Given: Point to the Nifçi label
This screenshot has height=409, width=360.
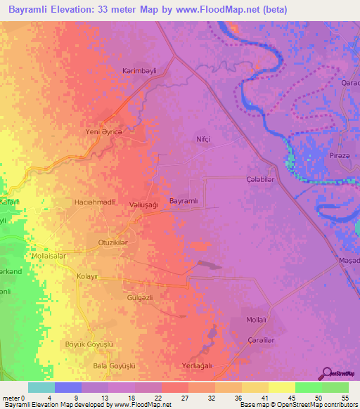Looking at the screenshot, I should point(203,139).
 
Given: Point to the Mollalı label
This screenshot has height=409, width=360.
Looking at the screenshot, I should point(256,320).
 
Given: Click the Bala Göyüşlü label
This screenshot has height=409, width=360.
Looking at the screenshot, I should point(114,366).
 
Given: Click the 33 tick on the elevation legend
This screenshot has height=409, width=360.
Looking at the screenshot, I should point(202,398).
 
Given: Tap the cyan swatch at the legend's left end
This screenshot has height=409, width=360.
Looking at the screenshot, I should point(41,387).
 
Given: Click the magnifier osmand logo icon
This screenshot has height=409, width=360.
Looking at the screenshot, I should point(326,372).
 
